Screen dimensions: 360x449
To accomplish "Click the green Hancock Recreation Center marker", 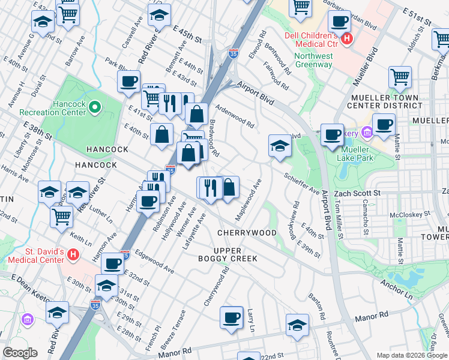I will pos(94,107).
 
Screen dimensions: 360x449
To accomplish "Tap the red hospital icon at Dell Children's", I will pos(346,40).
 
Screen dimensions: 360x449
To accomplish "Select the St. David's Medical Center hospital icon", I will pos(73,256).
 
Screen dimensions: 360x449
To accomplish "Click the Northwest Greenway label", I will pos(313,61).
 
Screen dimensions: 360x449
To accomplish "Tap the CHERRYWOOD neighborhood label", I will pos(247,233).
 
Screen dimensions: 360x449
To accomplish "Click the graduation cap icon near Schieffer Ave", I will pos(279,145).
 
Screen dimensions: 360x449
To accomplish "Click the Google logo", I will pos(20,353).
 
